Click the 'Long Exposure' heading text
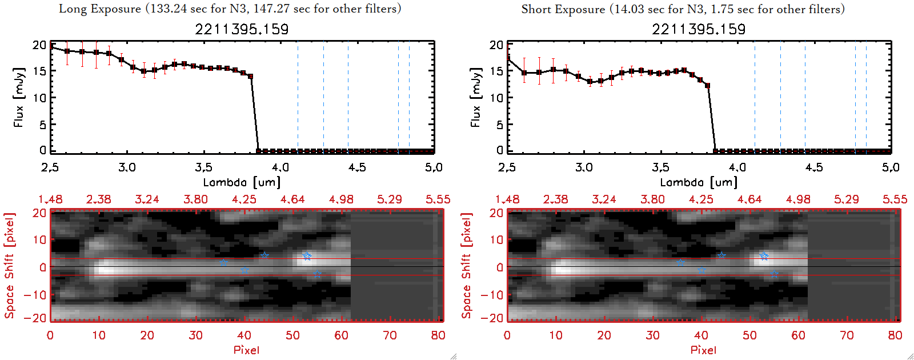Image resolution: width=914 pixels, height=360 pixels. coord(100,9)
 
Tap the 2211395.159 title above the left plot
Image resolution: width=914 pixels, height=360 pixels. coord(242,29)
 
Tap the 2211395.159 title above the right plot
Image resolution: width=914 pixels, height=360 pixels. coord(699,29)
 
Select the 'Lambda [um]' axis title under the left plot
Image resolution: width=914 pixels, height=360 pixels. coord(242,182)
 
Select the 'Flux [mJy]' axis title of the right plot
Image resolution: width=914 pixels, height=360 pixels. coord(475,97)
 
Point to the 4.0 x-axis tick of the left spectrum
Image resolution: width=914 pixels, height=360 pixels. coord(280,167)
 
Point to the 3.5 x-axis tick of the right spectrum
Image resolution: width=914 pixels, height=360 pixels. coord(660,167)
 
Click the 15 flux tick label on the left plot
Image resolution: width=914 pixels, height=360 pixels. coord(39,71)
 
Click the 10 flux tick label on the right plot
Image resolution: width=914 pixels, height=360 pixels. coord(496,98)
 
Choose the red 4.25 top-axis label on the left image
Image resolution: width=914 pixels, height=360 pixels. coord(244,199)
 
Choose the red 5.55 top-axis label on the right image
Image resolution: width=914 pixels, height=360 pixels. coord(895,199)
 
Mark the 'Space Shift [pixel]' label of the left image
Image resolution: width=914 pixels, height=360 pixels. coord(9,266)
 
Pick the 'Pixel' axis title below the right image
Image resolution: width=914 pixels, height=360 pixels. coord(703,350)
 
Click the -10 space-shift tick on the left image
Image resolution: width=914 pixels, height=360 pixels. coord(35,295)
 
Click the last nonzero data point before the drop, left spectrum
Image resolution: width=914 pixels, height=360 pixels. coord(250,76)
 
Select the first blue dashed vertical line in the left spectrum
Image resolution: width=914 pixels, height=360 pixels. coord(323,97)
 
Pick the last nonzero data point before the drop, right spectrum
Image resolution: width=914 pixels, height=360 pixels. coord(707,86)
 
